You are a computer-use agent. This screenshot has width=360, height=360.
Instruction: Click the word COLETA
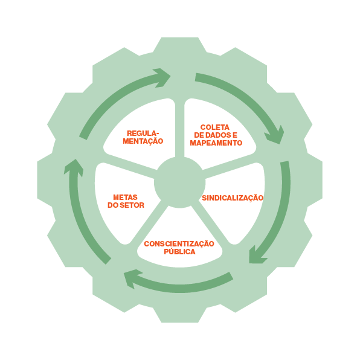point(214,127)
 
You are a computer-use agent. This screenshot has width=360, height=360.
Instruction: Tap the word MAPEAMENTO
point(216,143)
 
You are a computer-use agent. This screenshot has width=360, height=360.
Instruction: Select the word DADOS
point(216,135)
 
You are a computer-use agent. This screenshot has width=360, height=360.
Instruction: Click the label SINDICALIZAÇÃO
point(233,198)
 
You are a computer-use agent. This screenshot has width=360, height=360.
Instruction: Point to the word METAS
point(126,198)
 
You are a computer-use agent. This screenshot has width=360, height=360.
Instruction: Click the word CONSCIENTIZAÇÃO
point(179,243)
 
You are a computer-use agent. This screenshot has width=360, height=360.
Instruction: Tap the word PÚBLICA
point(179,251)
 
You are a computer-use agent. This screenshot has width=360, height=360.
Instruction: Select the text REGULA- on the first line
point(143,133)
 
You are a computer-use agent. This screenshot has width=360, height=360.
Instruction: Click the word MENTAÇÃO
point(143,141)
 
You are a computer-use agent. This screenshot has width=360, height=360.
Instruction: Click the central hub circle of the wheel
point(180,182)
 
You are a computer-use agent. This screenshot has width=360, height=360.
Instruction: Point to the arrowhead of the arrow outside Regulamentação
point(162,77)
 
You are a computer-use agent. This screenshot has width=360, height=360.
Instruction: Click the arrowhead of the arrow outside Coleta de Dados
point(275,136)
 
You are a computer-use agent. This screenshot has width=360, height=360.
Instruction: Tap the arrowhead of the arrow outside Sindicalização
point(257,256)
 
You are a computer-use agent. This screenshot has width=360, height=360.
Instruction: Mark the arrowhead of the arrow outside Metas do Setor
point(74,167)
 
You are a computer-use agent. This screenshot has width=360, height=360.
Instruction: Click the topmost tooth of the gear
point(180,45)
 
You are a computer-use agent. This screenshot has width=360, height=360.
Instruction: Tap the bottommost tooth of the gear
point(180,315)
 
